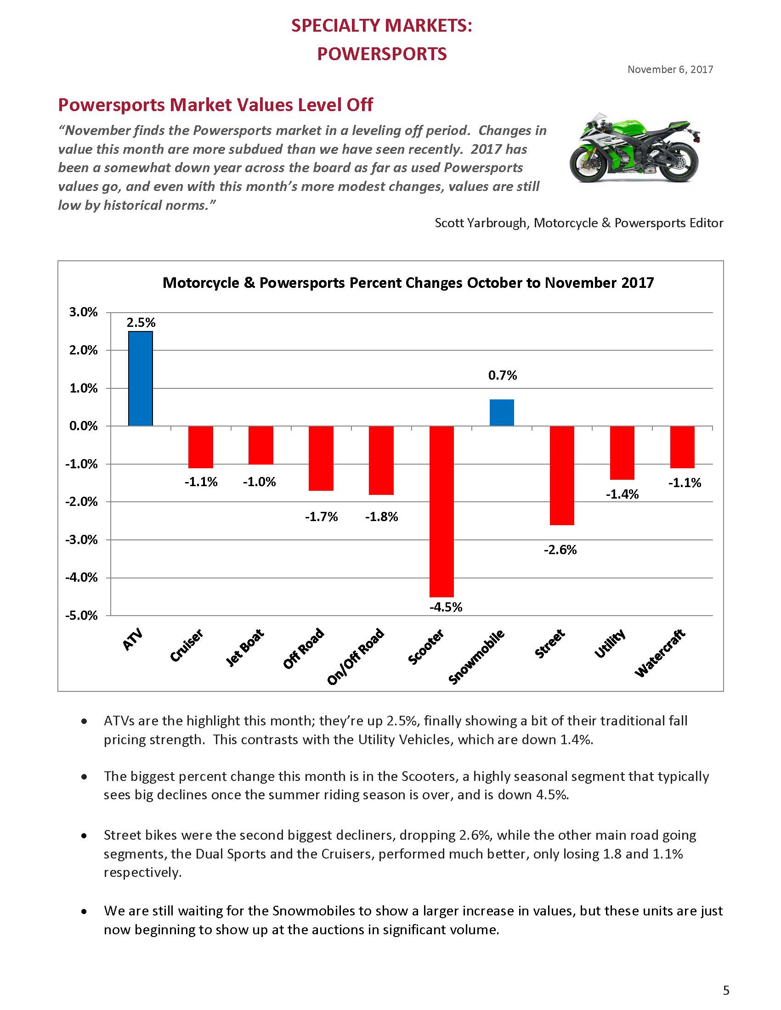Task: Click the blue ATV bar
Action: click(140, 378)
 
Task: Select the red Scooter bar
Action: click(442, 511)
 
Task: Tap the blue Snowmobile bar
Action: click(502, 412)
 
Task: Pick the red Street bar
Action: click(562, 476)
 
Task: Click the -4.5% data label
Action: click(446, 607)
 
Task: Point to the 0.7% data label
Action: click(503, 375)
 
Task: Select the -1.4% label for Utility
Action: click(623, 494)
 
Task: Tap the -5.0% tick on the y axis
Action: click(84, 616)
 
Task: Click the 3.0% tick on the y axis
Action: click(84, 312)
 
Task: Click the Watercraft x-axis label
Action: click(659, 653)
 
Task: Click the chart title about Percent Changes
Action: click(408, 282)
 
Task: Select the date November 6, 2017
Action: click(670, 69)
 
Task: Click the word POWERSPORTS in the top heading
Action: click(382, 54)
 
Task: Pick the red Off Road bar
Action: click(321, 458)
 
